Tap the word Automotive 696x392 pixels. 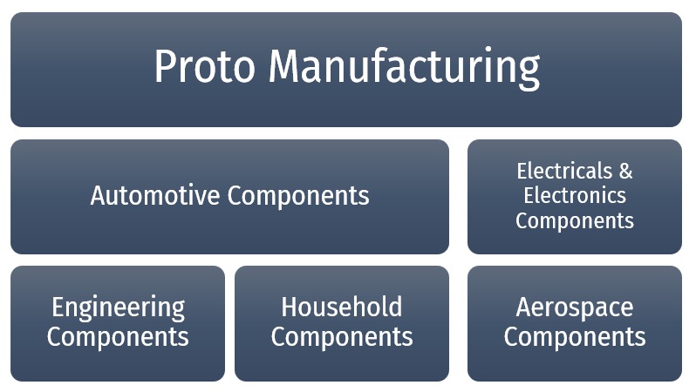click(154, 195)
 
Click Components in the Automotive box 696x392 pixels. click(298, 196)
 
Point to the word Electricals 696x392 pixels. click(558, 170)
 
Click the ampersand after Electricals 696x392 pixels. click(625, 170)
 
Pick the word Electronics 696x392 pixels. click(575, 195)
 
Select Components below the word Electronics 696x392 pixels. click(575, 220)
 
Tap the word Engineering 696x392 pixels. click(118, 308)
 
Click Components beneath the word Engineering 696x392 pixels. click(118, 336)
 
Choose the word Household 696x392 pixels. click(341, 307)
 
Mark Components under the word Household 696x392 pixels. click(341, 336)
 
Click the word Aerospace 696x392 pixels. click(575, 308)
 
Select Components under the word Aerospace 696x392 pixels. click(575, 336)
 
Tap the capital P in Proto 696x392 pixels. click(166, 67)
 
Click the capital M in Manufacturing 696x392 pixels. click(286, 67)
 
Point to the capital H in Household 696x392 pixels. click(290, 307)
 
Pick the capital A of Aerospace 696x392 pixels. click(524, 307)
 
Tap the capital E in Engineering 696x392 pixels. click(58, 307)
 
